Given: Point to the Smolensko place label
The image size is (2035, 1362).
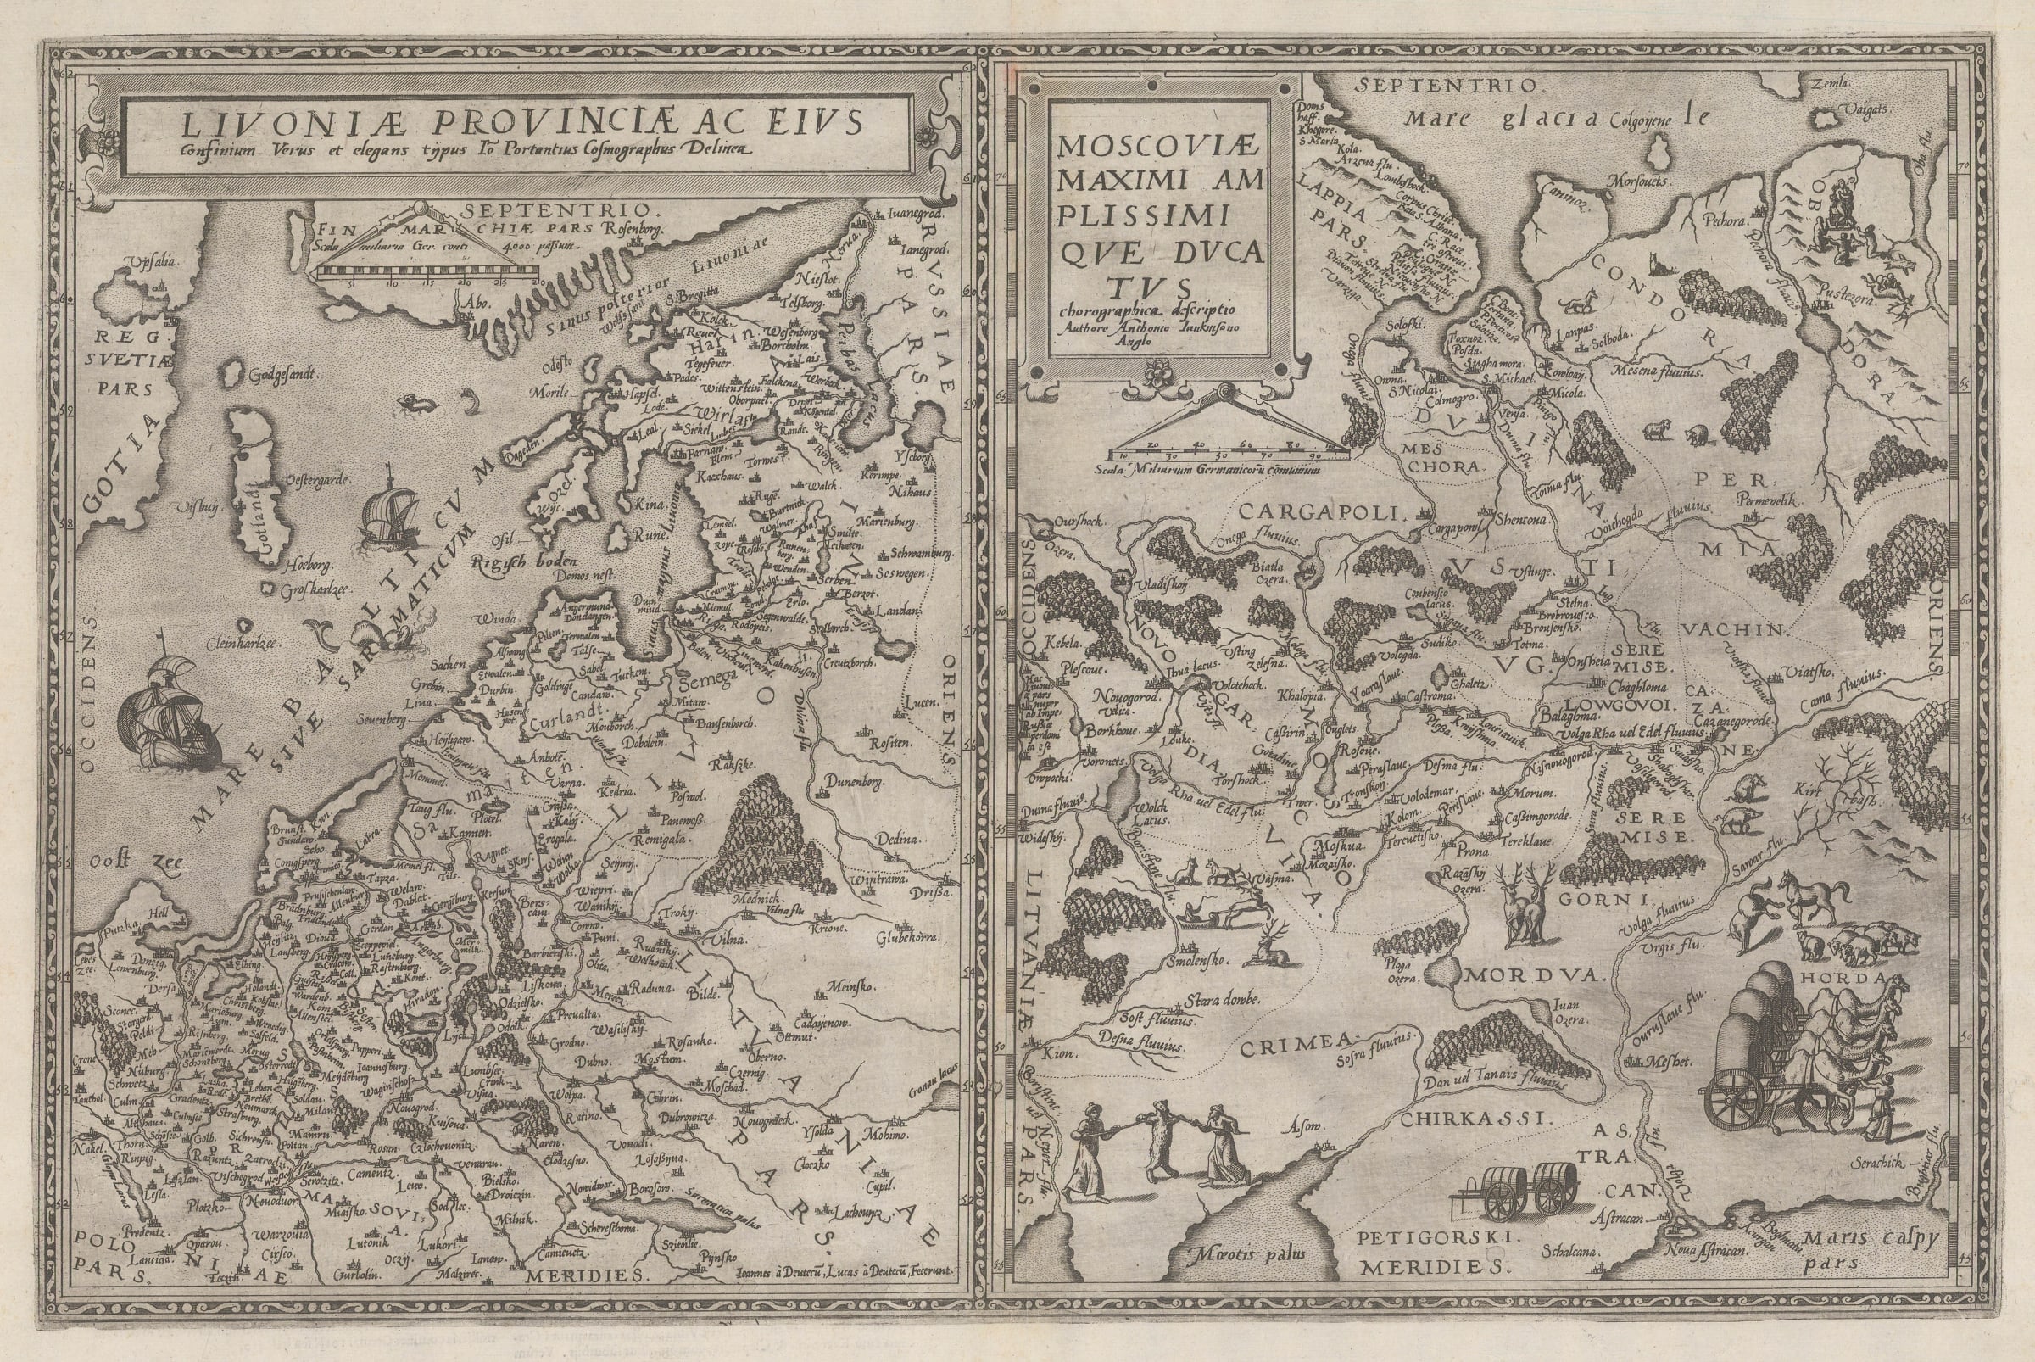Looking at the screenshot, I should coord(1195,961).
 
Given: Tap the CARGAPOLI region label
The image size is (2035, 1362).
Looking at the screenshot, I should coord(1301,511).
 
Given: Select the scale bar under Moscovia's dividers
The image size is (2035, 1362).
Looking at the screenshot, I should coord(1227,452).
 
